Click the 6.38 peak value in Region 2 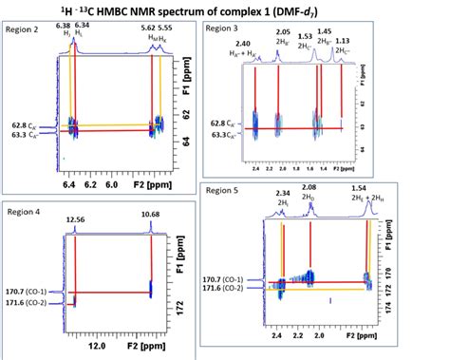click(x=63, y=26)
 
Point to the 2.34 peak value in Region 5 click(x=283, y=193)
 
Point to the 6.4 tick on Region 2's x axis click(x=68, y=186)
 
